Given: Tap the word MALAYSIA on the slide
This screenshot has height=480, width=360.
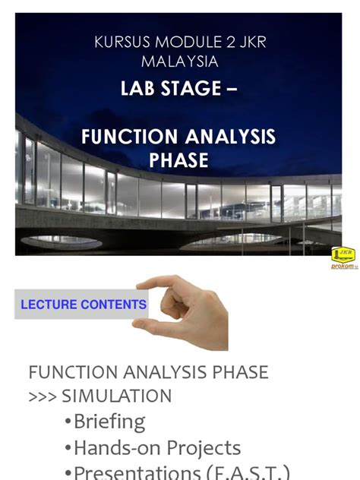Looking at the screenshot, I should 180,62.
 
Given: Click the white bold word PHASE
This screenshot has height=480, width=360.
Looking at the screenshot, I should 178,160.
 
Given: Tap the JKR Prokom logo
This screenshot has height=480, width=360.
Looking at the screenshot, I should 343,257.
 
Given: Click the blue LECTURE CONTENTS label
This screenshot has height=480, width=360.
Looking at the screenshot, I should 83,305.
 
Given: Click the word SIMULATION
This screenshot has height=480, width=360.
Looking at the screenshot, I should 116,396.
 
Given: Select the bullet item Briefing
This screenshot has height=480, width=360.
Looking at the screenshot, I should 109,422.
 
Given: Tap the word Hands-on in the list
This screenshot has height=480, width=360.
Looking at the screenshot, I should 122,448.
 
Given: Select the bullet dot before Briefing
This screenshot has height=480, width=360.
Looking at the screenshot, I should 68,422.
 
